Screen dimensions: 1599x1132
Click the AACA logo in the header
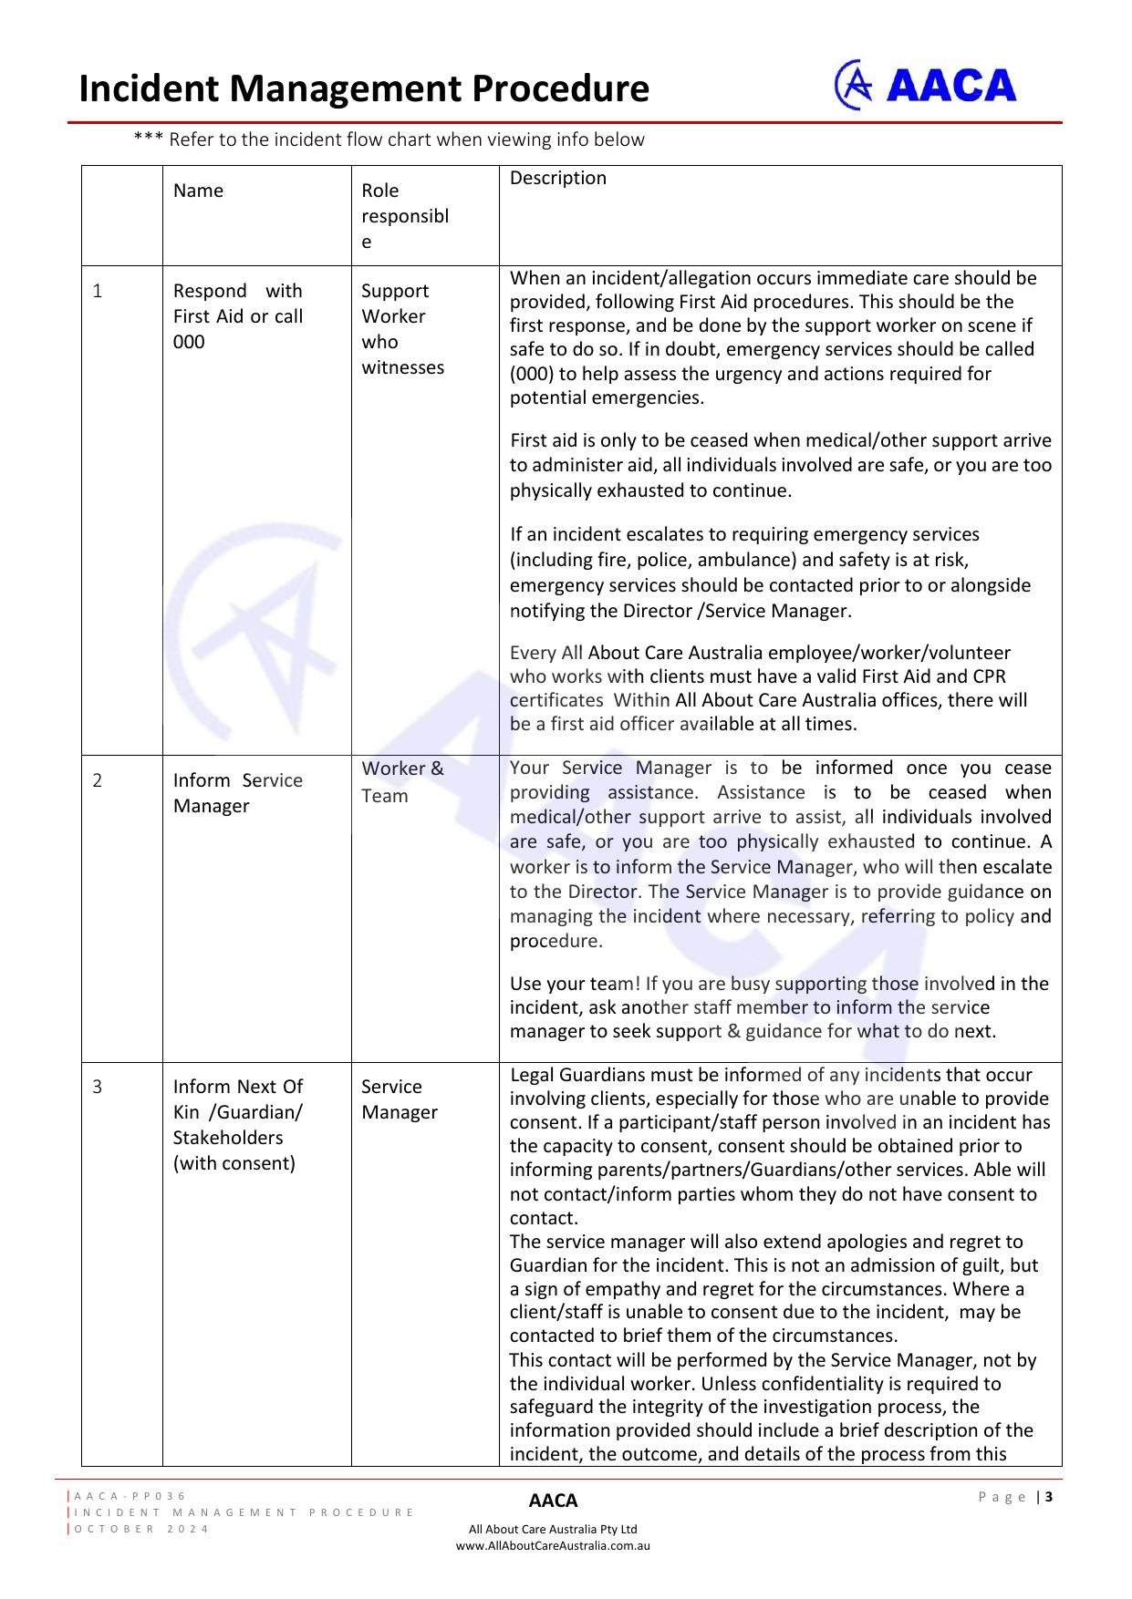pos(926,86)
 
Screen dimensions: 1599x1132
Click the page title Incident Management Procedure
pos(364,89)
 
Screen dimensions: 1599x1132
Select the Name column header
pos(198,191)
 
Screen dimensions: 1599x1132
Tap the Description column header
pos(557,179)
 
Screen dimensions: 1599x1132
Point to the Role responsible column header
pos(405,216)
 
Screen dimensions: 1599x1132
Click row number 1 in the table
pos(98,291)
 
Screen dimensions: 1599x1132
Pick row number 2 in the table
pos(98,780)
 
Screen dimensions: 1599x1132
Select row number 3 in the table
pos(98,1087)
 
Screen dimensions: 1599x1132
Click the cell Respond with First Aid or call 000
pos(237,316)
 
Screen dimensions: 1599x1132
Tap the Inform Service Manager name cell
pos(237,793)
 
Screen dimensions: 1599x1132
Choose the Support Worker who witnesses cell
pos(402,329)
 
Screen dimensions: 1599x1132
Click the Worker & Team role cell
pos(402,782)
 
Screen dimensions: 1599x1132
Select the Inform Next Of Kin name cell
pos(237,1125)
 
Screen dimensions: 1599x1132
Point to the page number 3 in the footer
pos(1049,1497)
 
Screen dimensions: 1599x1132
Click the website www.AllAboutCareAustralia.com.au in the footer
pos(553,1546)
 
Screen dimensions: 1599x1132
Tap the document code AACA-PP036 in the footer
pos(130,1496)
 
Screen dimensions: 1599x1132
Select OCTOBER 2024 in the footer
pos(141,1529)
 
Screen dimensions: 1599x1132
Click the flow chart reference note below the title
pos(389,140)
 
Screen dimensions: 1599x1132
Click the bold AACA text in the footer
pos(553,1501)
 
